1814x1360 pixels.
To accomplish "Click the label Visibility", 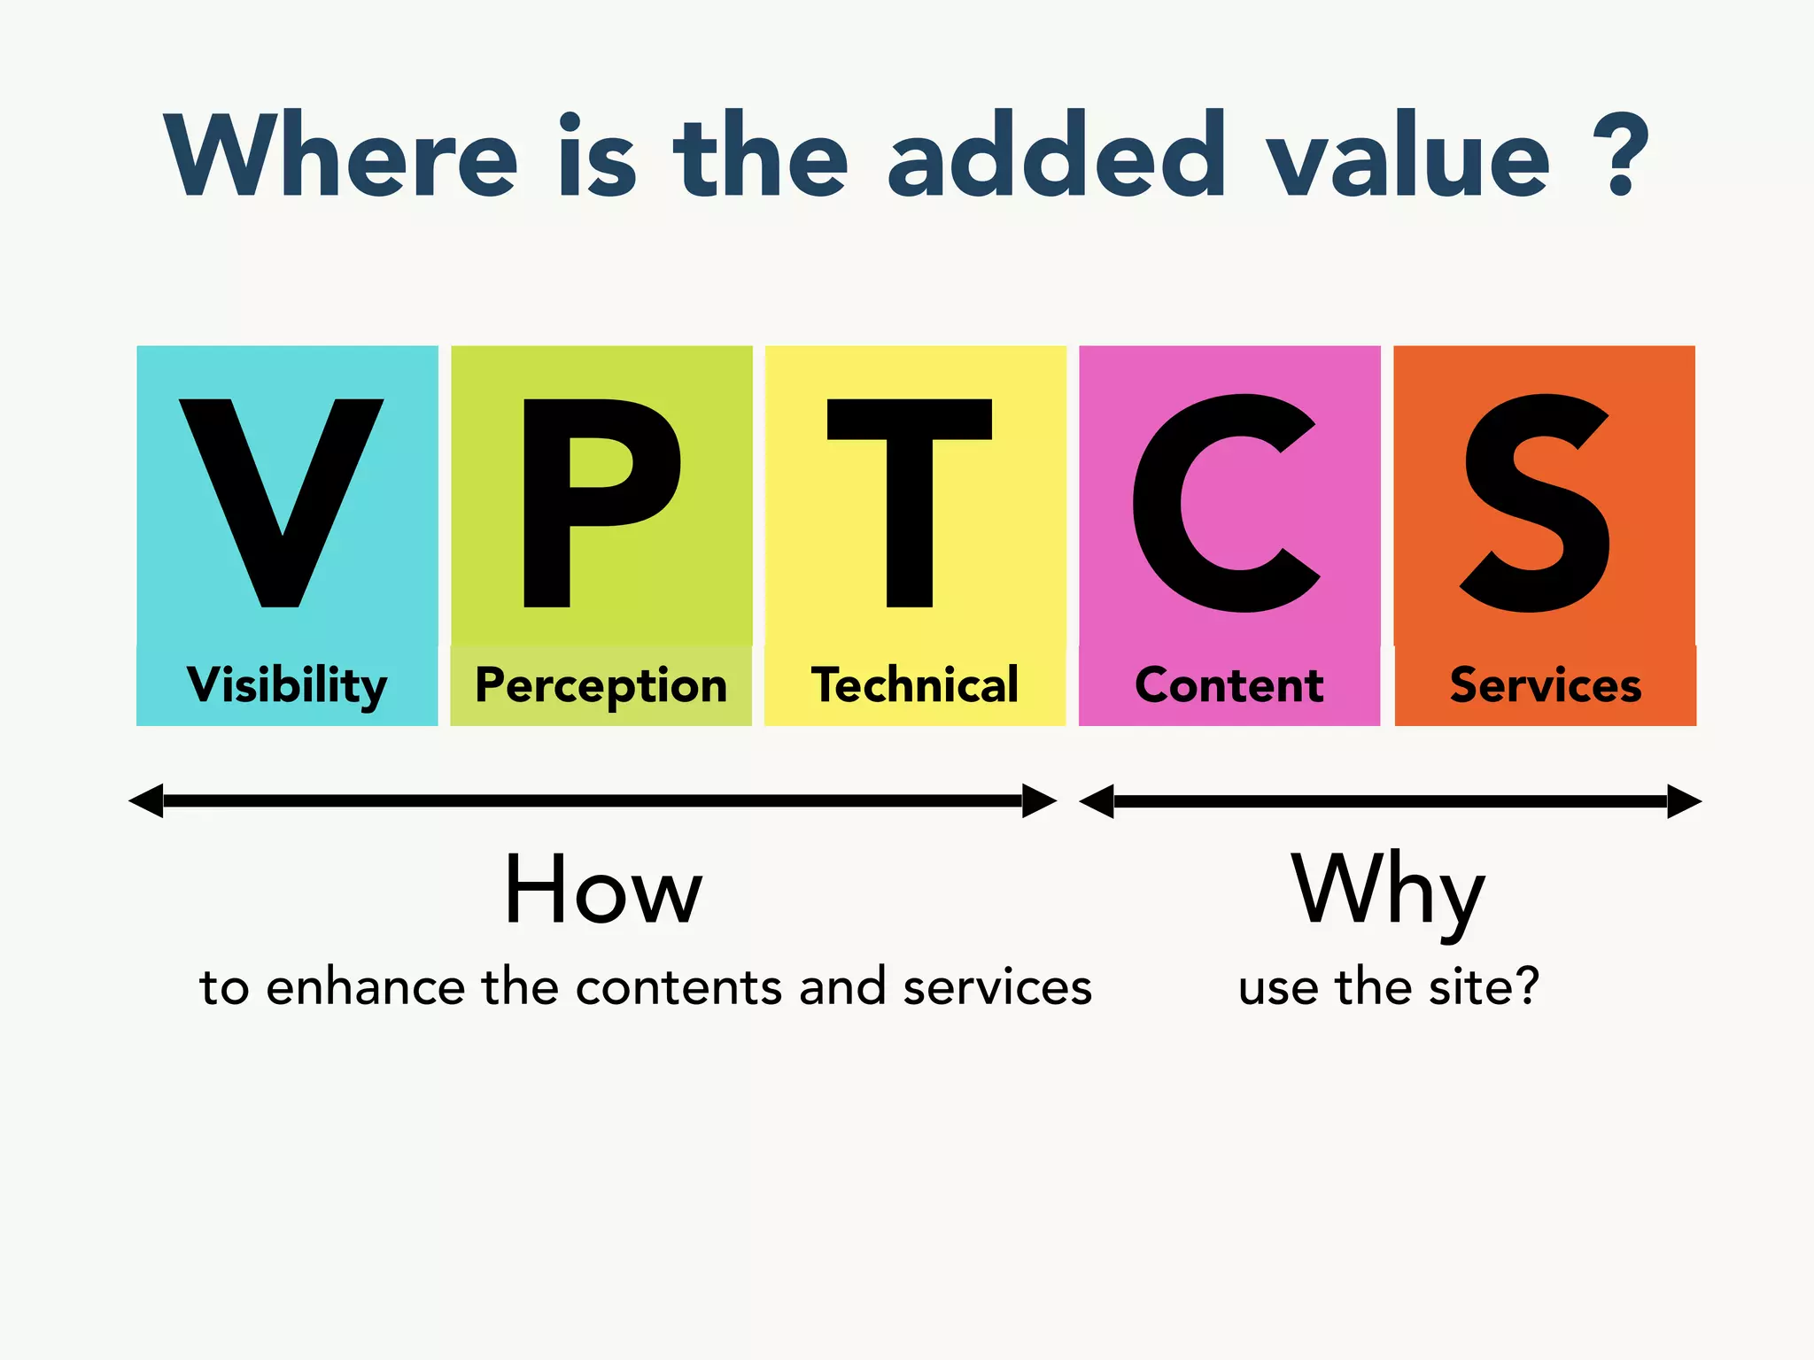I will click(287, 686).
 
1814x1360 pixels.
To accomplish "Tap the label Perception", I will click(601, 686).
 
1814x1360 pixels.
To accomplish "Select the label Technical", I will click(915, 686).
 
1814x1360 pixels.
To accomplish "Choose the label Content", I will click(1229, 686).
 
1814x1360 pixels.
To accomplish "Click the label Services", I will click(1546, 686).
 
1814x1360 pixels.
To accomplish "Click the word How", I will click(603, 891).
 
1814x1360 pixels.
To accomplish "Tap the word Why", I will click(1387, 891).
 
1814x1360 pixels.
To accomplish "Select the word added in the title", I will click(1057, 155).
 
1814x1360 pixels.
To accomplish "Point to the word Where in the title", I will click(341, 155).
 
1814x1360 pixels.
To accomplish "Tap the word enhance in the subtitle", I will click(365, 987).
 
